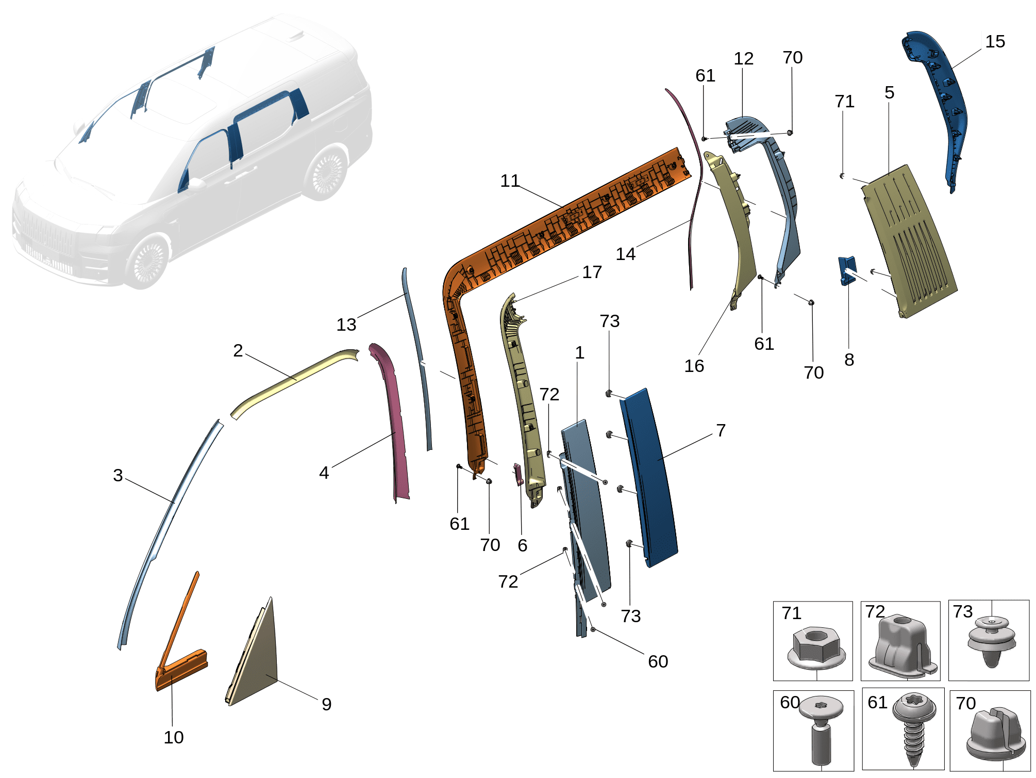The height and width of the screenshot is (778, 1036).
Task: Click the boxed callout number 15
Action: point(995,41)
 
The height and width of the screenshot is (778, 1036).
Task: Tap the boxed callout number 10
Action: point(173,737)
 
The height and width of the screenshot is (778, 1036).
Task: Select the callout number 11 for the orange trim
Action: point(510,181)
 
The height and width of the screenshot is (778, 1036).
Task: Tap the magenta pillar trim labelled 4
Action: point(394,423)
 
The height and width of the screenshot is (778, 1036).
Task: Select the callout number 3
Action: point(118,475)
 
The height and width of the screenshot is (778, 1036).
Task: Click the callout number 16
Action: point(694,366)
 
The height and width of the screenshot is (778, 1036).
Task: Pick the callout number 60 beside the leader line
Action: point(658,661)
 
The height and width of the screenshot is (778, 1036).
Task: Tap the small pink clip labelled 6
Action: point(518,475)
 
